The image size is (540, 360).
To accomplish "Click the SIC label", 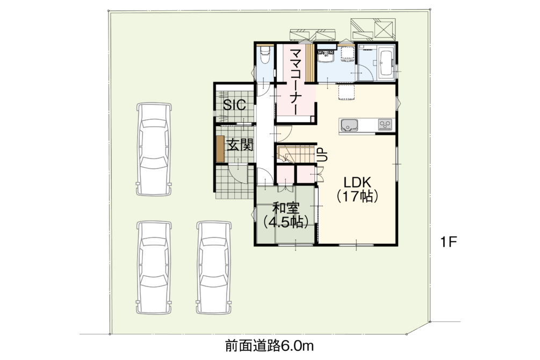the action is point(234,104).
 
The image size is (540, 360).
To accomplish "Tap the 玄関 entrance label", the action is point(240,145).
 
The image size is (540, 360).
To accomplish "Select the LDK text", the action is point(356,182).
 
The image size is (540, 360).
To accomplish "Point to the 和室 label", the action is point(286,208).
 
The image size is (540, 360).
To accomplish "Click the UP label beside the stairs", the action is point(323,155).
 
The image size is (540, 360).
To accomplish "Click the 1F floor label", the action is point(449,242).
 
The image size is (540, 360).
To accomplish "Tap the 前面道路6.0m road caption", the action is point(270,345).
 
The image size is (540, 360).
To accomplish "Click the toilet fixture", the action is point(265,55).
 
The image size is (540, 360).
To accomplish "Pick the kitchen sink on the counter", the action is point(349,125).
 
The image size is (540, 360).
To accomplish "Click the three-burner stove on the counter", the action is point(385,124).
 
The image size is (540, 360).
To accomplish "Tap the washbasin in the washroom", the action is point(326,56).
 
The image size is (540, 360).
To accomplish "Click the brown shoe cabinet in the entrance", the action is point(220,148).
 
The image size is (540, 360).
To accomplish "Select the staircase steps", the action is point(296,154).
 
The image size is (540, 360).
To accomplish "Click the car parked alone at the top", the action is point(154,149).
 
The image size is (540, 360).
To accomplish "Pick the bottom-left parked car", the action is point(154,268).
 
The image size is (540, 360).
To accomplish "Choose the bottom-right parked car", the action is point(213,268).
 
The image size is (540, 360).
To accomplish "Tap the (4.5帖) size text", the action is point(286,222).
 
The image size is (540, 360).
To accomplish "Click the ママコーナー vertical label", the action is point(296,81).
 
